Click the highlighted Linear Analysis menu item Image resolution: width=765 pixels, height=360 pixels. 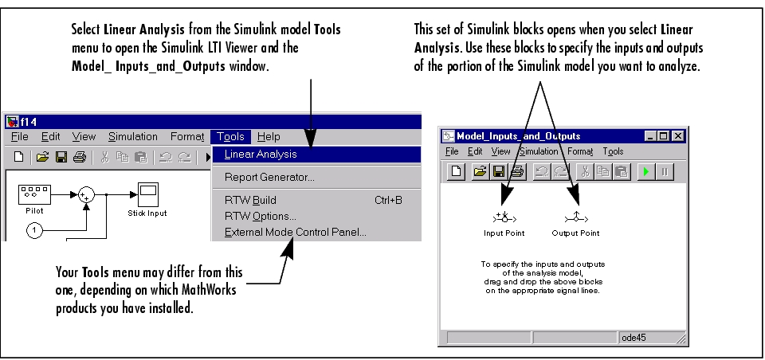click(316, 155)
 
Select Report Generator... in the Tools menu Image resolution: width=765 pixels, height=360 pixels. click(269, 178)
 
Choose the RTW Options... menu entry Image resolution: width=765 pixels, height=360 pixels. click(260, 216)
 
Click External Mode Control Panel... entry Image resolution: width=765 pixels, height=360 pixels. click(295, 233)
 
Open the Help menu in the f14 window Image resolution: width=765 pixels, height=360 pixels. click(269, 137)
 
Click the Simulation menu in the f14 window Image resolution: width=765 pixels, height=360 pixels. click(133, 137)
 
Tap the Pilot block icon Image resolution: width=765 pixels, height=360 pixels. click(34, 194)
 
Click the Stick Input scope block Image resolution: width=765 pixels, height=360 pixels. click(148, 194)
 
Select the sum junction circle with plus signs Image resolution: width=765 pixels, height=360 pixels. click(86, 195)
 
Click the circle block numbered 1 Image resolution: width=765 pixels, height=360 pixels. click(34, 229)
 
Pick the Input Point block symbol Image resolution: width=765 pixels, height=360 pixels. click(504, 218)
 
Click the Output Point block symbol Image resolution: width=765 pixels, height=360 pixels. click(576, 218)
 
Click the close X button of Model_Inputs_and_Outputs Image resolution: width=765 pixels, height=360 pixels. click(677, 136)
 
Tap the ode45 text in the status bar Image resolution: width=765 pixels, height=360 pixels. click(634, 338)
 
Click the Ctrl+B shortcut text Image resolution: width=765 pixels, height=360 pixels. click(388, 200)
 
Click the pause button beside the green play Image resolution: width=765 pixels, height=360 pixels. click(665, 172)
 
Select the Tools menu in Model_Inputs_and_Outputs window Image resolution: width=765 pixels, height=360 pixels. click(613, 151)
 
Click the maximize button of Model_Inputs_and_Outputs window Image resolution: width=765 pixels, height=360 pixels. click(663, 136)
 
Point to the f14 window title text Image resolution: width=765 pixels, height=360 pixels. click(29, 122)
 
